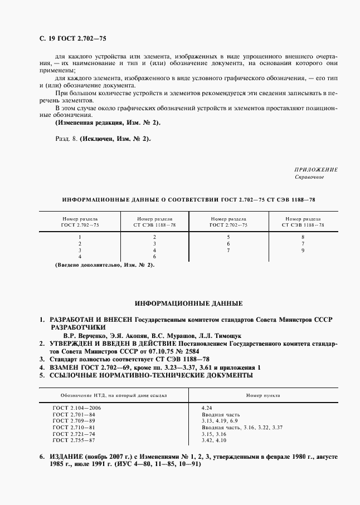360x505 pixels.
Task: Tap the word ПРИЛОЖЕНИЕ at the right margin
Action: pos(316,169)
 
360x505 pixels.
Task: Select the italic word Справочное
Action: pos(309,178)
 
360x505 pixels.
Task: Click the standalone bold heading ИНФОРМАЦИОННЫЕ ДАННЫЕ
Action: pos(189,304)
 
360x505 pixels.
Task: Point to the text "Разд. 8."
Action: pos(66,139)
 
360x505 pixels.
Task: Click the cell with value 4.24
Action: pos(207,408)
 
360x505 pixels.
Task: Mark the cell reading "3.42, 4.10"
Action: pos(215,440)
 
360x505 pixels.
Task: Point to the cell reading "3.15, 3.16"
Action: pos(215,434)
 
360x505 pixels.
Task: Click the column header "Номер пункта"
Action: pos(263,395)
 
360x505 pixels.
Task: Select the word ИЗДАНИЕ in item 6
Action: pos(65,457)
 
